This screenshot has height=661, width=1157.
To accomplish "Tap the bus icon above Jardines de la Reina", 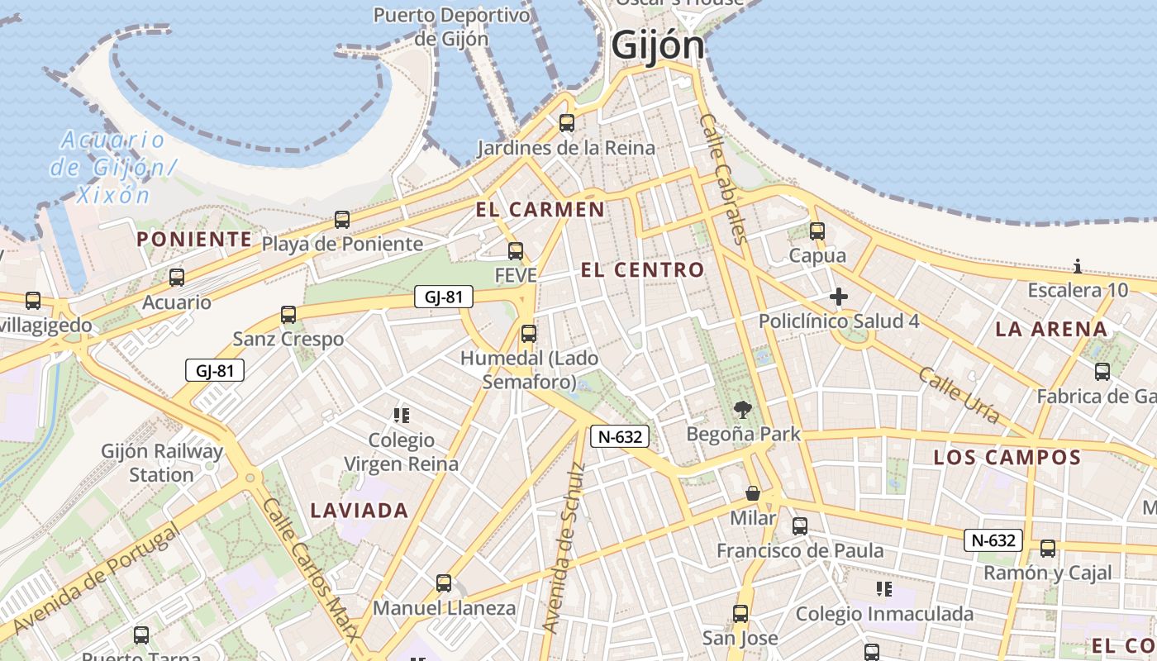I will (567, 123).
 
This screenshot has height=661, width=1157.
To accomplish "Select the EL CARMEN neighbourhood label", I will (540, 209).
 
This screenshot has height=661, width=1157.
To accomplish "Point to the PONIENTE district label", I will (194, 240).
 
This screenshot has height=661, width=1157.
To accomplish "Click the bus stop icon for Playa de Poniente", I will (342, 220).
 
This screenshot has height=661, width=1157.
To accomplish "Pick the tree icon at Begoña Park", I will (743, 409).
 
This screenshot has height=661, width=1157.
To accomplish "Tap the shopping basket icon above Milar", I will (753, 493).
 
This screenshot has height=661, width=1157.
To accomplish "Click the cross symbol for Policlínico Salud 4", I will (839, 297).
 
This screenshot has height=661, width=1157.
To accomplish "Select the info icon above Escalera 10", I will (1078, 266).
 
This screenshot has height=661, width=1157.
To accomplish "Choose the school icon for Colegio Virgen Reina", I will (402, 416).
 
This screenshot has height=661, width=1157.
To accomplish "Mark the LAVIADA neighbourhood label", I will (359, 511).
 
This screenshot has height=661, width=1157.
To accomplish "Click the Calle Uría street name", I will (959, 395).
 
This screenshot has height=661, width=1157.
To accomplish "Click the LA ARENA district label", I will (1051, 329).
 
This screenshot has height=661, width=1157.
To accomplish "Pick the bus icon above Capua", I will (817, 231).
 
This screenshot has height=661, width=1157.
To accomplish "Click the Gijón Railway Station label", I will (162, 463).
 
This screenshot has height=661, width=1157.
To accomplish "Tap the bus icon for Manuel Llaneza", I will (444, 583).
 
